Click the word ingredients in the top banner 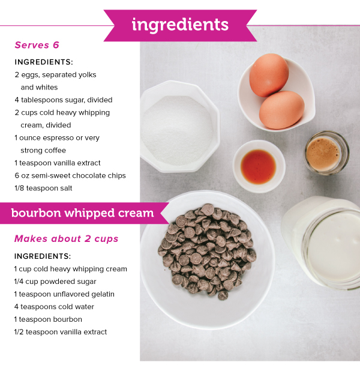[180, 25]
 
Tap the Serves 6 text [37, 45]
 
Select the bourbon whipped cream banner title [82, 213]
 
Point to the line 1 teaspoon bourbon [48, 319]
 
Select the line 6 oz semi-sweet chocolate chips [70, 175]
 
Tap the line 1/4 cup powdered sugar [55, 282]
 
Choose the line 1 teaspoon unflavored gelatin [64, 294]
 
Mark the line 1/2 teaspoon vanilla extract [61, 332]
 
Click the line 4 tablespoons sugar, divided [64, 100]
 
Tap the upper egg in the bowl [269, 74]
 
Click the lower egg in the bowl [282, 109]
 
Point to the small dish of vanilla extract [259, 163]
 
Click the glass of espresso [325, 154]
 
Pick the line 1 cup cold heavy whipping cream [71, 269]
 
